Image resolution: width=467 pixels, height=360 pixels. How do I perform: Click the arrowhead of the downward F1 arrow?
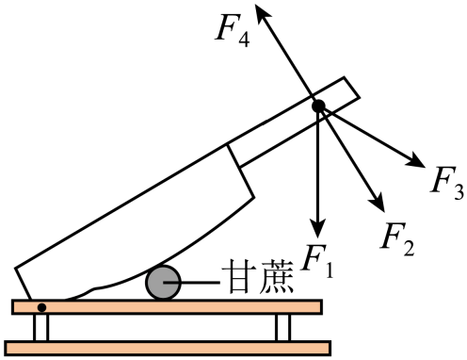point(319,229)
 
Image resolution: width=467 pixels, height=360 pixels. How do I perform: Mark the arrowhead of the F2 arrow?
point(378,202)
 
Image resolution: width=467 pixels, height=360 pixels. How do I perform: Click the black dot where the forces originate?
point(318,105)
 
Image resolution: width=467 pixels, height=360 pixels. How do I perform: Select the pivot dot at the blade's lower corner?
point(41,307)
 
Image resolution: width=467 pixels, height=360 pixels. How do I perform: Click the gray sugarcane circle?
point(164,283)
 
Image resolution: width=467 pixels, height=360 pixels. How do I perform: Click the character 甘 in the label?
point(237,281)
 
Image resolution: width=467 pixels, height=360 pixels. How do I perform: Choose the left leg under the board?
point(40,328)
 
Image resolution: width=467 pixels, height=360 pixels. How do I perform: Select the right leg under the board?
point(282,328)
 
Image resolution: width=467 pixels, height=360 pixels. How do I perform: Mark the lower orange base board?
point(169,349)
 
